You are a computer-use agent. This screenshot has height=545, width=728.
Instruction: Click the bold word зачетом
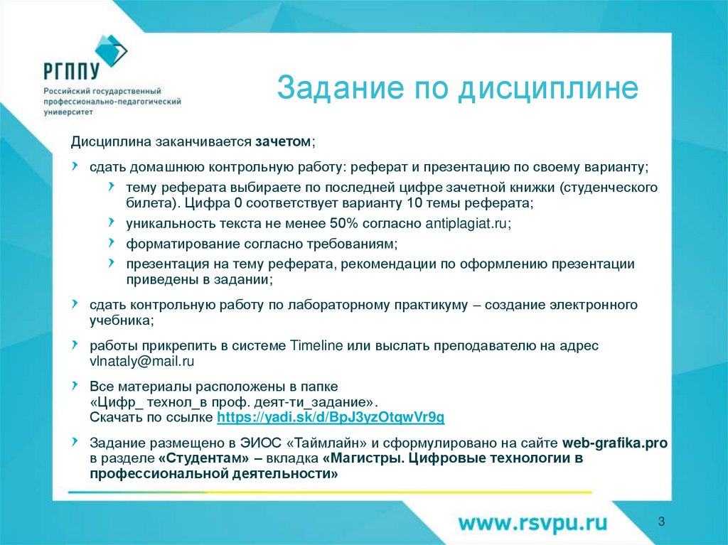click(x=282, y=142)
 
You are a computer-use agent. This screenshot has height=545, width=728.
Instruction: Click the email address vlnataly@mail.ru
click(x=141, y=362)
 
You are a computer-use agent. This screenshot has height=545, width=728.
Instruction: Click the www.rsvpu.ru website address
click(x=532, y=524)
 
